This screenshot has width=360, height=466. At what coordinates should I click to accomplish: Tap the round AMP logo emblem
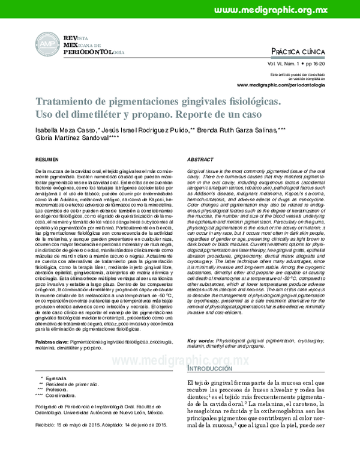click(46, 45)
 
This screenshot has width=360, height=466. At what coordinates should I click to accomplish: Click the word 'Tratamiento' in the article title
click(69, 102)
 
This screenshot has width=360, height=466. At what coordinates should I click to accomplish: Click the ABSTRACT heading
click(200, 161)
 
